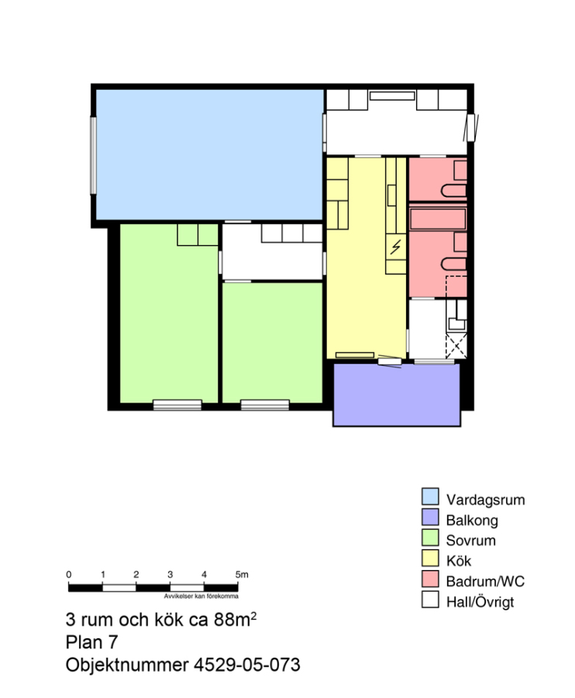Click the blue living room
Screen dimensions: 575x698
click(209, 154)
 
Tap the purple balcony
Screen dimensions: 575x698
click(397, 396)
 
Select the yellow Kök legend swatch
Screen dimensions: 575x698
click(430, 558)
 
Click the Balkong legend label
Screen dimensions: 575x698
click(472, 520)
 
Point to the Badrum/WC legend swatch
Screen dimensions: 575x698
click(430, 579)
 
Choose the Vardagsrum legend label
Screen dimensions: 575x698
click(486, 499)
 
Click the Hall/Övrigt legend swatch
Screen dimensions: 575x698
click(430, 600)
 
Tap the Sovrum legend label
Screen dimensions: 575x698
click(471, 541)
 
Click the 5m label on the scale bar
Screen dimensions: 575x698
click(242, 574)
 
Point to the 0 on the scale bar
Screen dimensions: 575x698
click(68, 574)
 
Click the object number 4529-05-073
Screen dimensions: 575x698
click(246, 665)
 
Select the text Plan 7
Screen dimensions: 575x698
click(91, 642)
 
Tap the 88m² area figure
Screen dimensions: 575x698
click(235, 619)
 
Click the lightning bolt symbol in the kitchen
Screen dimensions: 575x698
click(395, 247)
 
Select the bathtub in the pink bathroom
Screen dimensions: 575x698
click(438, 219)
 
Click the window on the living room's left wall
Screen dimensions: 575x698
click(94, 155)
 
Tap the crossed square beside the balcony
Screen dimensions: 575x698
click(456, 346)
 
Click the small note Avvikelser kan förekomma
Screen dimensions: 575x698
click(201, 596)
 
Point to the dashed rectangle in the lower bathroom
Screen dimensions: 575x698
click(456, 286)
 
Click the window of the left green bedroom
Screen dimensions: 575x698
click(177, 405)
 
